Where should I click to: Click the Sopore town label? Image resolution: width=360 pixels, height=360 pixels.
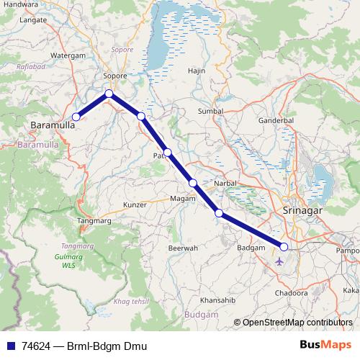tap(115, 75)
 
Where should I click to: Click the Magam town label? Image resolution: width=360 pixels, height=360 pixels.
tap(183, 198)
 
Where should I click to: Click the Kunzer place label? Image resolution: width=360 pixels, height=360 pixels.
tap(135, 204)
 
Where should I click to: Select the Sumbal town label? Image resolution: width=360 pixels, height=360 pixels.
tap(210, 112)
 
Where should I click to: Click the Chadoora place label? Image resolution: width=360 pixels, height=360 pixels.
tap(291, 293)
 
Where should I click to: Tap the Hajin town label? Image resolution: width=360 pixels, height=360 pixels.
tap(197, 71)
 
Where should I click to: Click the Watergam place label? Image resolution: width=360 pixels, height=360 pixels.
tap(68, 55)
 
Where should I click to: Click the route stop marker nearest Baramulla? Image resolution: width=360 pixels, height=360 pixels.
tap(76, 117)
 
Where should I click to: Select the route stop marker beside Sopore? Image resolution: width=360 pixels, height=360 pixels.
tap(109, 93)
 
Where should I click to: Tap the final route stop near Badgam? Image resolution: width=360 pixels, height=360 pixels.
tap(284, 247)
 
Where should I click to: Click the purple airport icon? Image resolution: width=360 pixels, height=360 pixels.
tap(279, 261)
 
